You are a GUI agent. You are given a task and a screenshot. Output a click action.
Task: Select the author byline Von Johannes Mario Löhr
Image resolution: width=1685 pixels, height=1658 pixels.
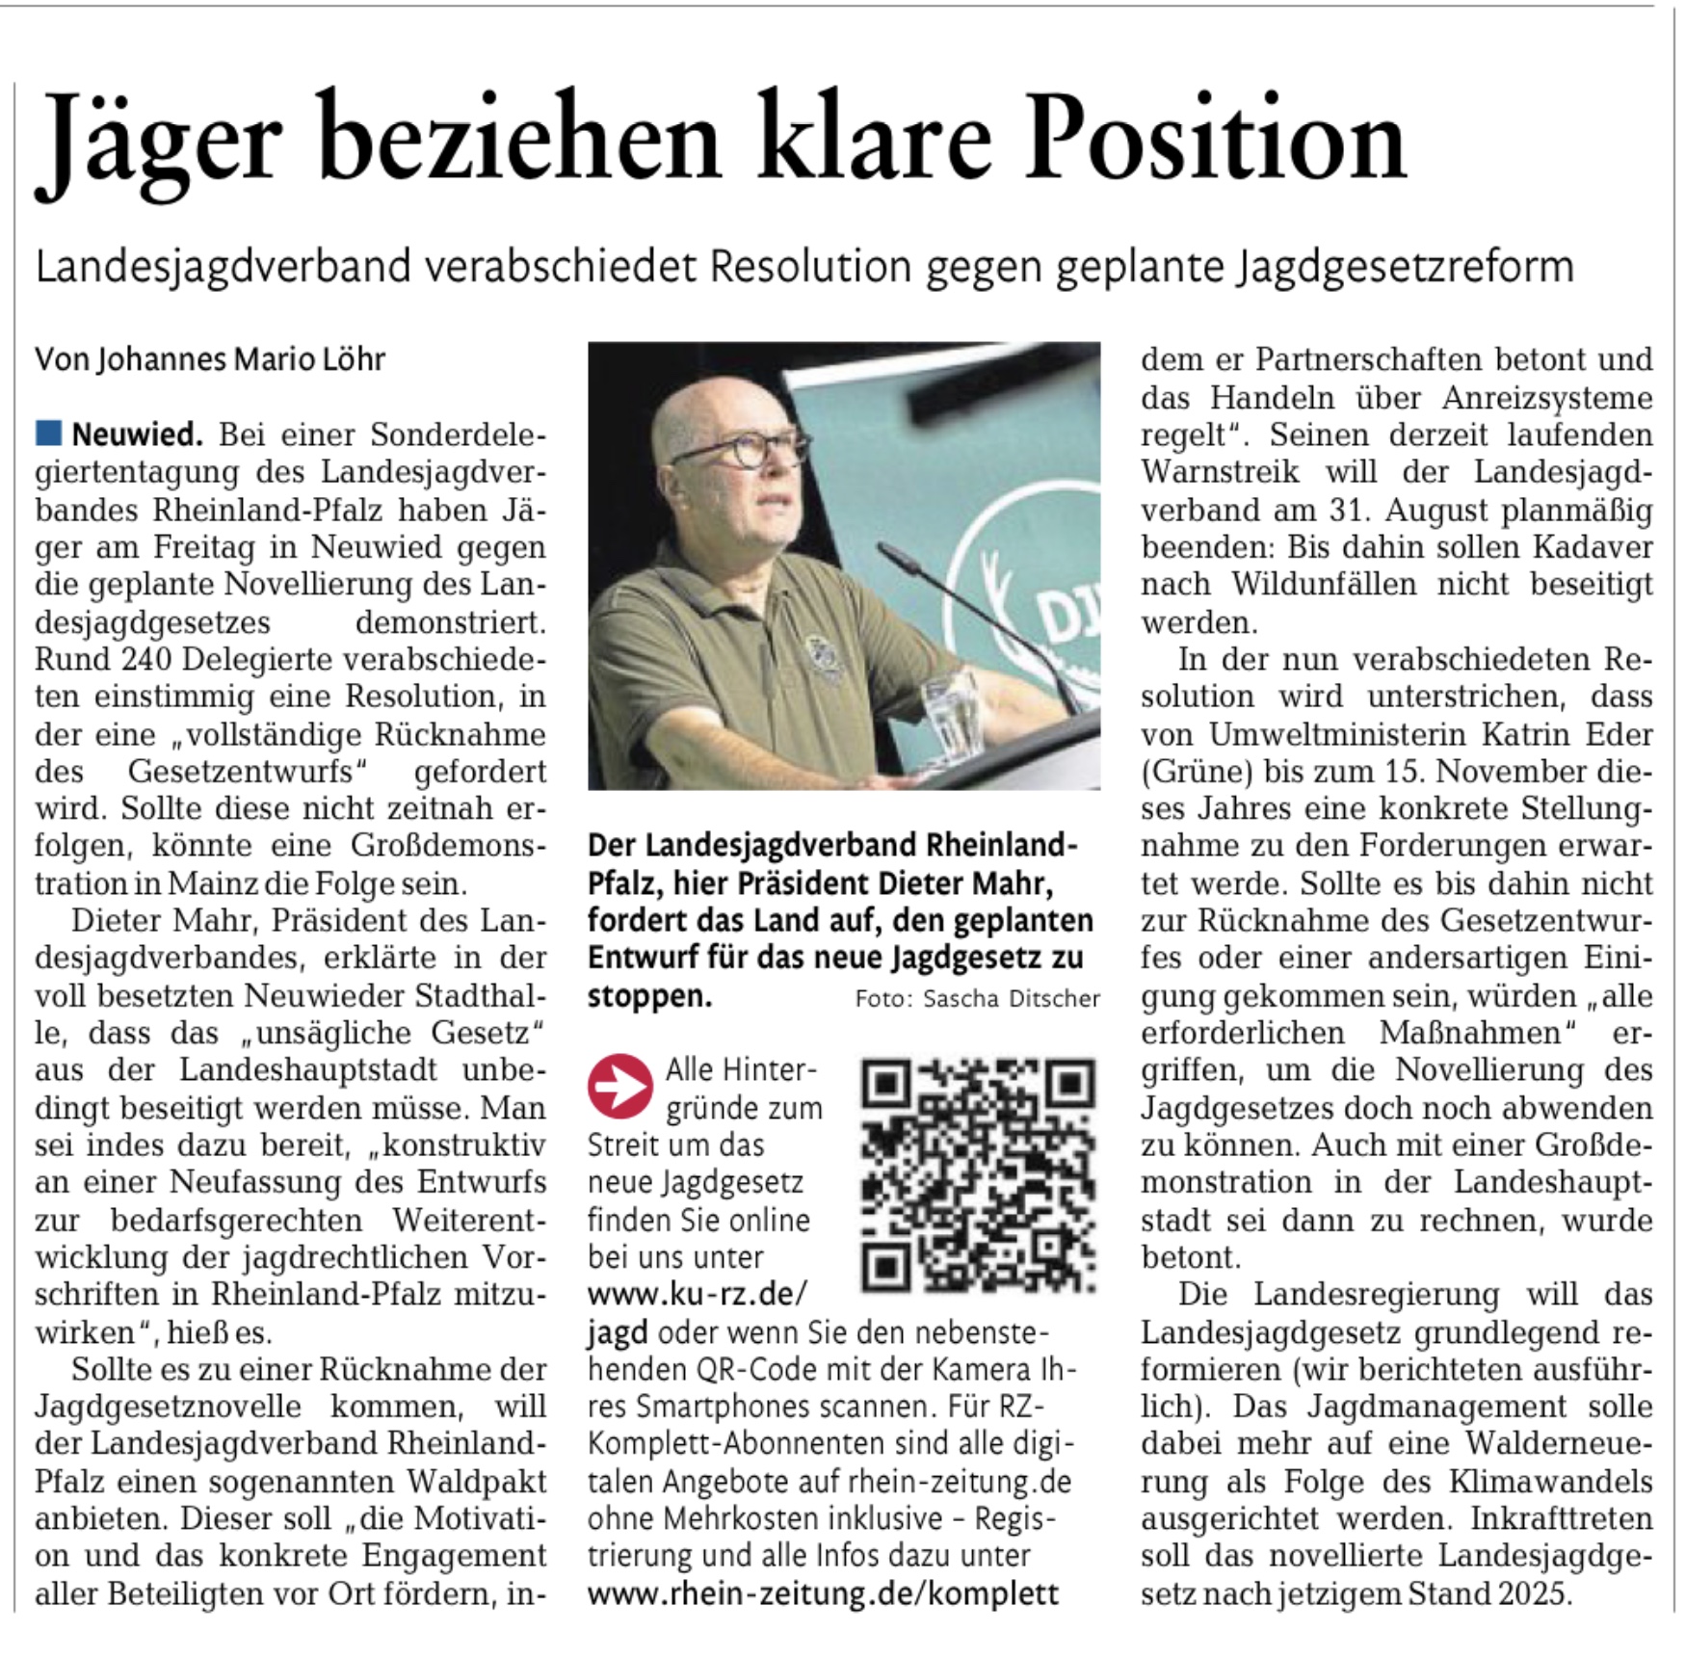pos(210,359)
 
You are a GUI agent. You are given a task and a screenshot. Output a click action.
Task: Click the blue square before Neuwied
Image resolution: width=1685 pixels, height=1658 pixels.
pos(48,434)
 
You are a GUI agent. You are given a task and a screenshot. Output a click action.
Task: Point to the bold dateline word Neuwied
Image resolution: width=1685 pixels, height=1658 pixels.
pos(137,435)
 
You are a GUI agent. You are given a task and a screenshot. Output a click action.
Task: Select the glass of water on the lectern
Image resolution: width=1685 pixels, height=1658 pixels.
pos(950,713)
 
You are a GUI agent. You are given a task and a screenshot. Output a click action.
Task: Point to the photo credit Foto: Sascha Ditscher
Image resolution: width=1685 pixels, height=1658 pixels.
pos(977,999)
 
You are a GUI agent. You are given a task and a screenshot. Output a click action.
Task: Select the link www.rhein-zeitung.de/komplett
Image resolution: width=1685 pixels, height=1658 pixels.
pos(823,1593)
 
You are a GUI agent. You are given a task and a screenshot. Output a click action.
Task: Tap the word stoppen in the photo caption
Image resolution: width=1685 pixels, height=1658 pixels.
pos(649,996)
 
